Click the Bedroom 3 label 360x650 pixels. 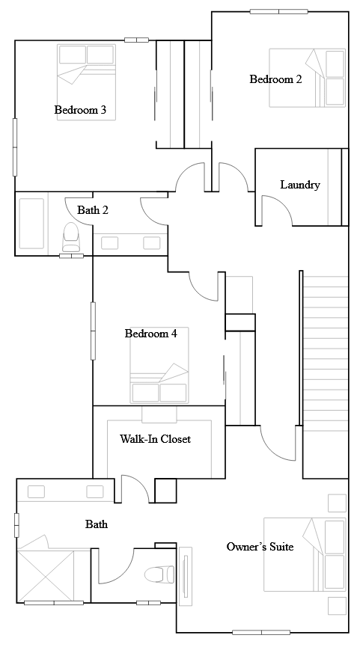click(80, 111)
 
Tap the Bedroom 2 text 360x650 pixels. click(275, 79)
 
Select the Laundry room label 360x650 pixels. click(300, 185)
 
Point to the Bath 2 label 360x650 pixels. click(93, 210)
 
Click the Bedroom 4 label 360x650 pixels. click(150, 334)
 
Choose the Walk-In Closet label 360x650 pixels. click(155, 439)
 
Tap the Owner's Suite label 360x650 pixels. click(260, 547)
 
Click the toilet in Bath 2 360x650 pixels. click(71, 237)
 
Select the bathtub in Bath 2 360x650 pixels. click(31, 222)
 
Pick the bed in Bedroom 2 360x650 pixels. click(307, 78)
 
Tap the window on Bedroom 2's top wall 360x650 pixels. click(278, 11)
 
